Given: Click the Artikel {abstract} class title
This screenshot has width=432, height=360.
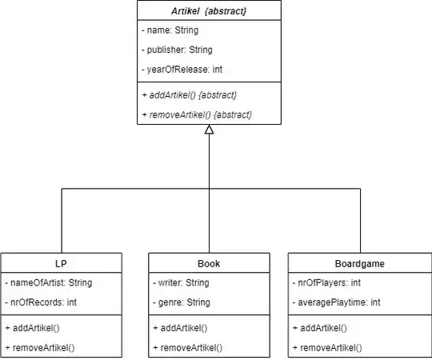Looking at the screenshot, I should click(209, 11).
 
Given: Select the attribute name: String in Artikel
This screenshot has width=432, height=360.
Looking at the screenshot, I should click(170, 30).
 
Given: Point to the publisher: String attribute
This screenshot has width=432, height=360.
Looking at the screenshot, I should click(176, 50).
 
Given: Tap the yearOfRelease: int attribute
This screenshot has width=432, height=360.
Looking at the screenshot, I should click(182, 70).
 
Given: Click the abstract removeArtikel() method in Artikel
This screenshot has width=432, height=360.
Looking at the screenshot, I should click(198, 114).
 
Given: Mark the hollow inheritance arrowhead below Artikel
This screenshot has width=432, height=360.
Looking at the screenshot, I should click(209, 130).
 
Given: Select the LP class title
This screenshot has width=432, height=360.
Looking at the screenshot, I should click(62, 263).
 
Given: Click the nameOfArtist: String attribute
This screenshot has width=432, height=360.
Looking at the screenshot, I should click(49, 282).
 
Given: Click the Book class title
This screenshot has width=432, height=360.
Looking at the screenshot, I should click(209, 263).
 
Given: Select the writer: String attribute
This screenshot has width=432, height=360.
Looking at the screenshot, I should click(182, 282).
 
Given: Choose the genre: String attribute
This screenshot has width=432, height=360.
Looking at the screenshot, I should click(182, 302).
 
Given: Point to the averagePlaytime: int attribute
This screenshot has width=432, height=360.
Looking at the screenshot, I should click(338, 302).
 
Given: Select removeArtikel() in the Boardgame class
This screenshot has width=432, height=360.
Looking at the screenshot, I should click(329, 347).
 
